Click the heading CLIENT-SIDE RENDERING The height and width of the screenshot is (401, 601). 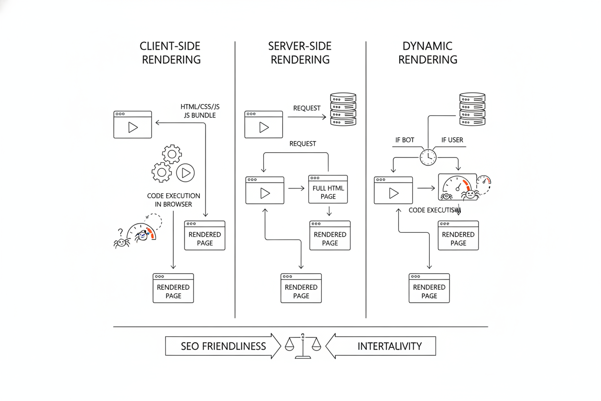click(x=170, y=53)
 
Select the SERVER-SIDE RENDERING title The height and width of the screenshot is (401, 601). click(x=300, y=53)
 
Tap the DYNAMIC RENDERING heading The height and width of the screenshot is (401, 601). click(x=428, y=53)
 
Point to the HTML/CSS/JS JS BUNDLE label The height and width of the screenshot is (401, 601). click(x=200, y=111)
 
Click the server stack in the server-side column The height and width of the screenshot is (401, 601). click(x=343, y=109)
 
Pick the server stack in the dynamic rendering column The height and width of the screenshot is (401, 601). click(x=472, y=109)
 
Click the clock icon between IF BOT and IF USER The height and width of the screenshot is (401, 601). click(x=428, y=157)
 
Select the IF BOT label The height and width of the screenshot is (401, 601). click(x=405, y=140)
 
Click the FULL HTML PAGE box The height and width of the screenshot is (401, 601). click(x=328, y=189)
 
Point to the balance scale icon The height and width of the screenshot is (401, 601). click(x=303, y=346)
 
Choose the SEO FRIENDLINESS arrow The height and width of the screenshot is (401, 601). click(x=223, y=346)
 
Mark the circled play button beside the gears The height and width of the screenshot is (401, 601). click(x=185, y=172)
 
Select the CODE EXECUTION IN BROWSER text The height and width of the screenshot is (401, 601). click(x=173, y=200)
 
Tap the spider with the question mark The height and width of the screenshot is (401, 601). click(x=121, y=241)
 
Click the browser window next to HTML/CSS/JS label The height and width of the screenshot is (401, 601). click(x=132, y=125)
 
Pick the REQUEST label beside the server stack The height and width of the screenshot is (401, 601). click(x=307, y=108)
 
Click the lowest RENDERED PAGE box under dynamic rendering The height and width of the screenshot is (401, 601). click(x=429, y=288)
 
